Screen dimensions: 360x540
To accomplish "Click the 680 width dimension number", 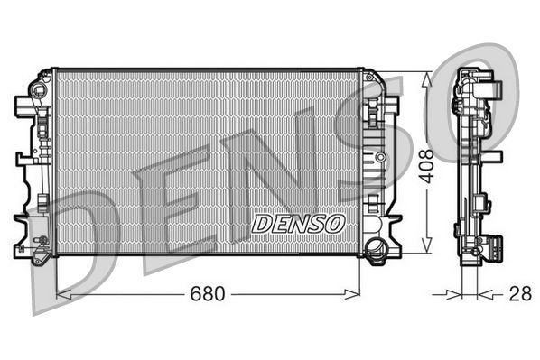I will click(209, 294).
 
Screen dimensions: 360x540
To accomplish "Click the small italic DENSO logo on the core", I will click(297, 223).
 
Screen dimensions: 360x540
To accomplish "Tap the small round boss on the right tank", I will click(380, 158).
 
